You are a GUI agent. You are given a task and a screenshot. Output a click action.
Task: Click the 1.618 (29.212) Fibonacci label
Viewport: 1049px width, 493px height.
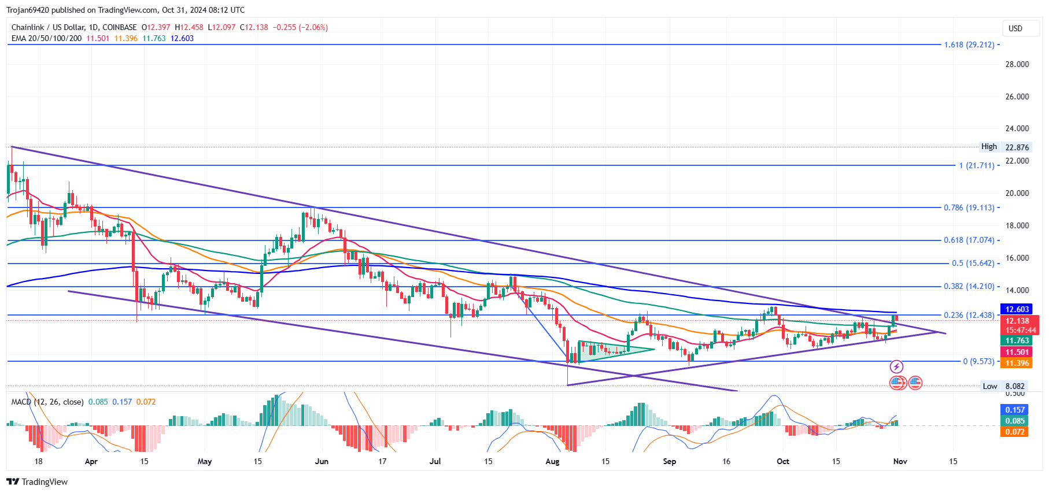pos(969,45)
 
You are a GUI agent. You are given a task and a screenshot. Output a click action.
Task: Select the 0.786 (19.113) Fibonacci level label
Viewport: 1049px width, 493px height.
pos(969,207)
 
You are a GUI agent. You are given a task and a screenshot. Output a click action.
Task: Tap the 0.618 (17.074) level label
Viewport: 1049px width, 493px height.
pos(969,240)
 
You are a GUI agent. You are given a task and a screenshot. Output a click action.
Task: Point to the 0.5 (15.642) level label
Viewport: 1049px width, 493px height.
pos(973,263)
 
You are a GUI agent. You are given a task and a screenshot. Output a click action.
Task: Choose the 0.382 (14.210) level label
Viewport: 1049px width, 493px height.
pos(969,286)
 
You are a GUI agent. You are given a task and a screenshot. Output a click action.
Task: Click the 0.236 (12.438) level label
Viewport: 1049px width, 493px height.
pos(969,315)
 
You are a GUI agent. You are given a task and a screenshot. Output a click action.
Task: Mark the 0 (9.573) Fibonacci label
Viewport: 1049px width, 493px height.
pos(978,361)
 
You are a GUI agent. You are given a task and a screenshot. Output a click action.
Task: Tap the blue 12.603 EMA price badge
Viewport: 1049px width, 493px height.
pos(1017,309)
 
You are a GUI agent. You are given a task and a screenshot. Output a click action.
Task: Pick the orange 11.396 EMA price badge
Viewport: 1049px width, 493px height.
pos(1017,363)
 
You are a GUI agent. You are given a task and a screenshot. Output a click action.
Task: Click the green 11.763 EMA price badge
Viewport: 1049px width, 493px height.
pos(1017,340)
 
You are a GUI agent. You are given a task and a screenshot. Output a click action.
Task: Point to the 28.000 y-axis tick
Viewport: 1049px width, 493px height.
pos(1017,64)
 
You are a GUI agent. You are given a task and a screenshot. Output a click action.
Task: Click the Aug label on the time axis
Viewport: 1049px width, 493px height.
pos(552,461)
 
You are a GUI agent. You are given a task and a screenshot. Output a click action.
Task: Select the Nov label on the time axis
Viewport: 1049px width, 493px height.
pos(900,461)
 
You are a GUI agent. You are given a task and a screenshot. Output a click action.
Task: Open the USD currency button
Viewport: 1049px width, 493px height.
pos(1015,28)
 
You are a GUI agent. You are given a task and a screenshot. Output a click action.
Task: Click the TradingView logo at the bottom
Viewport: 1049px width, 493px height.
pos(37,481)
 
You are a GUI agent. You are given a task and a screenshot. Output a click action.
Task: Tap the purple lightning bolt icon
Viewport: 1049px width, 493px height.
pos(896,366)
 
